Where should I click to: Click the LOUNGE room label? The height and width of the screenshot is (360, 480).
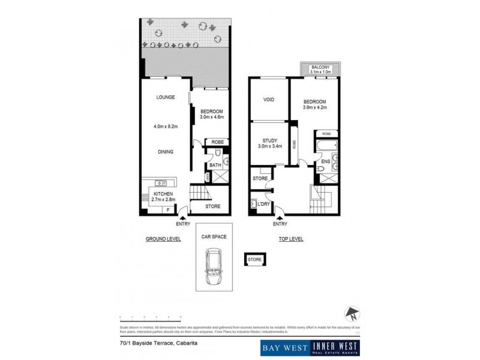(165, 97)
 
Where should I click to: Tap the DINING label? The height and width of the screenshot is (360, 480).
(166, 152)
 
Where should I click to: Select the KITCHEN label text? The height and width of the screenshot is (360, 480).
(163, 194)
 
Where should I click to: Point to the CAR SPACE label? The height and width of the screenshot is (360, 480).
(214, 237)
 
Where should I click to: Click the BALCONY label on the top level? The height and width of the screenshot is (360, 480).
(320, 67)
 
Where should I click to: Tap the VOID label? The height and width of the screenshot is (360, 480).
(269, 100)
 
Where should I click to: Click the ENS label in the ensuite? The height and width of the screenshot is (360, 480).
(326, 161)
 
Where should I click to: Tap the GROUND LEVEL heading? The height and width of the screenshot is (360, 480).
(163, 239)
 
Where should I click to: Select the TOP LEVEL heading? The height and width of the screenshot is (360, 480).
(290, 239)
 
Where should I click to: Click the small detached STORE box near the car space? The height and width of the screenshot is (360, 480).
(254, 259)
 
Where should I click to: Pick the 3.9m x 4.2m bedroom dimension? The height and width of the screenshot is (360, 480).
(314, 108)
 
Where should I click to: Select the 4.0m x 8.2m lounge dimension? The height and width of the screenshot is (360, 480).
(165, 127)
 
